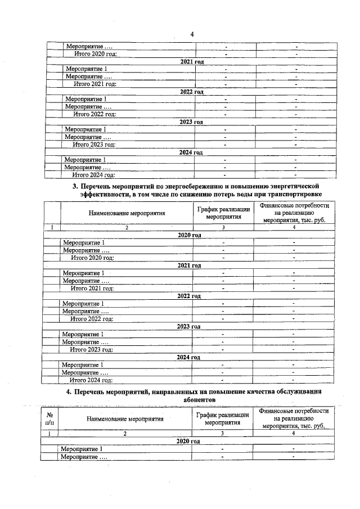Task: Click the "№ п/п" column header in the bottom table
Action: point(50,418)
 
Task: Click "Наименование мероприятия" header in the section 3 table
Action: point(127,214)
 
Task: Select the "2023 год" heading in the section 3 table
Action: point(189,326)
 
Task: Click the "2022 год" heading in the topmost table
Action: point(191,91)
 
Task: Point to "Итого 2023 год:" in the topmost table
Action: point(94,145)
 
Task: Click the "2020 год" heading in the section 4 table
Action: point(188,442)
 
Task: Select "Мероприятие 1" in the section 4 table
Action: point(82,449)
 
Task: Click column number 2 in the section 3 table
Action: point(127,227)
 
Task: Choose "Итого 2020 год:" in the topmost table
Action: point(95,53)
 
